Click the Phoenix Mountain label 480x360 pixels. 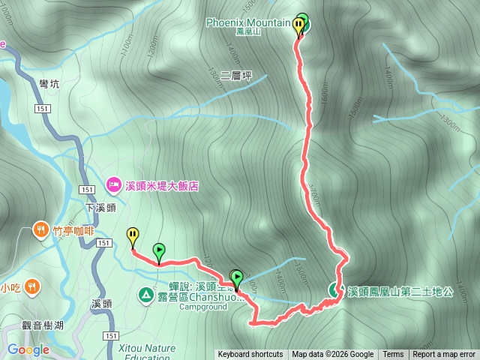[x=248, y=22]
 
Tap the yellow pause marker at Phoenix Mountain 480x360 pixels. [x=298, y=26]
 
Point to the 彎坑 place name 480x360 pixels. [x=48, y=84]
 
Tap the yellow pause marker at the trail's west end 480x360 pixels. [x=133, y=237]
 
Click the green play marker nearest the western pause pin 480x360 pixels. [x=159, y=250]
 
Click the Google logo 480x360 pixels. [x=28, y=350]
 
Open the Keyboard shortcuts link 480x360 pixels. [x=250, y=355]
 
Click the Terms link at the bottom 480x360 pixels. [x=393, y=355]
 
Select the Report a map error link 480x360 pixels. [x=444, y=355]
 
